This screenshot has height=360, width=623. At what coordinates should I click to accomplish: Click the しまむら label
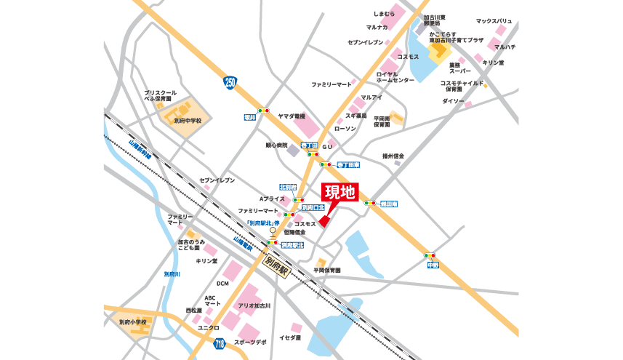pos(383,14)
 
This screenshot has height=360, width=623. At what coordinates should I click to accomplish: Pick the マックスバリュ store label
pos(494,22)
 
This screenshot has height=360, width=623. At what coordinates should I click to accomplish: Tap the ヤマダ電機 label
pos(291,116)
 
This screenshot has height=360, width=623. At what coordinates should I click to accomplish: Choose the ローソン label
pos(345,129)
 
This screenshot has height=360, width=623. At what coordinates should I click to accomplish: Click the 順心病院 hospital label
pos(276,145)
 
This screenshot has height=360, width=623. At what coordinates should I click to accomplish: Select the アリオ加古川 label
pos(254,305)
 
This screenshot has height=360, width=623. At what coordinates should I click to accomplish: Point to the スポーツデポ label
pos(250,341)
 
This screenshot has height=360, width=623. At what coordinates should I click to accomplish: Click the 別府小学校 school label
pos(133,321)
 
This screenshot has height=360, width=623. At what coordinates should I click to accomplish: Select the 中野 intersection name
pos(433,265)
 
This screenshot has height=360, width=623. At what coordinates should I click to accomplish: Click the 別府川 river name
pos(172,273)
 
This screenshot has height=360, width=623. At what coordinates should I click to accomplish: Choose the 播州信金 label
pos(393,156)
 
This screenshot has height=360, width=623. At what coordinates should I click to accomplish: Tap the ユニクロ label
pos(208,327)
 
